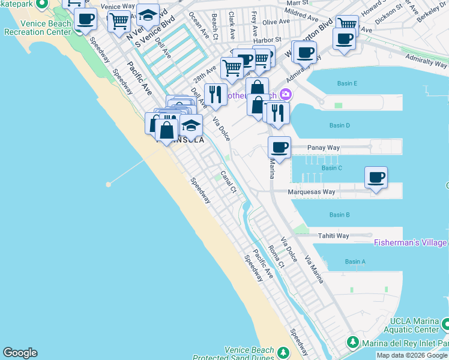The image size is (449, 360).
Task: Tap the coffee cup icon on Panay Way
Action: pyautogui.click(x=279, y=147)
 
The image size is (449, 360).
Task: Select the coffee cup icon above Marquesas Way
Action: pyautogui.click(x=376, y=177)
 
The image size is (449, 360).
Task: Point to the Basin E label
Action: pyautogui.click(x=347, y=83)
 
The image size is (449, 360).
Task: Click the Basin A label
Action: pyautogui.click(x=355, y=262)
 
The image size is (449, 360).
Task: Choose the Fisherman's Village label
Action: pyautogui.click(x=411, y=242)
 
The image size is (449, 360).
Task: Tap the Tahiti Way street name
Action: pyautogui.click(x=334, y=236)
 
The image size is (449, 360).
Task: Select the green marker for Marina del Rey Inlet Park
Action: pyautogui.click(x=354, y=343)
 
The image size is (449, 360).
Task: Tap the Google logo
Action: pyautogui.click(x=20, y=353)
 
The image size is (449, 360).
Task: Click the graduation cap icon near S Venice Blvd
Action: pyautogui.click(x=147, y=14)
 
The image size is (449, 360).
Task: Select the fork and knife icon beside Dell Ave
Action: pyautogui.click(x=215, y=94)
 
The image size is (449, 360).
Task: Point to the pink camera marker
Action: pyautogui.click(x=286, y=94)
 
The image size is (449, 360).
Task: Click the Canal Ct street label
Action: pyautogui.click(x=229, y=182)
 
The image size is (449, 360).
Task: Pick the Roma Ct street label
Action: pyautogui.click(x=276, y=256)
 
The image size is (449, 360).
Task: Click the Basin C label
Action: pyautogui.click(x=331, y=168)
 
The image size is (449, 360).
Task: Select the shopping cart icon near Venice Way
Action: pyautogui.click(x=119, y=21)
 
